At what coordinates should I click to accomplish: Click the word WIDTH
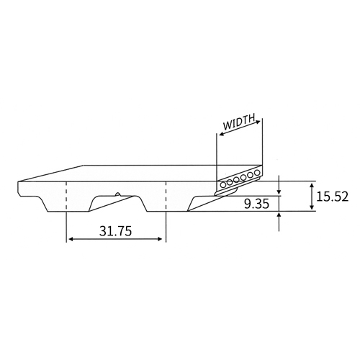(239, 122)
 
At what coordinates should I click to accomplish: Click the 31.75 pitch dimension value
(116, 231)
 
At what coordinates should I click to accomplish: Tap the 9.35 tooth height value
(256, 204)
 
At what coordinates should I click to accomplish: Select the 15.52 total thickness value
(332, 197)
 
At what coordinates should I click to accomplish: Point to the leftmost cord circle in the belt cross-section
(223, 184)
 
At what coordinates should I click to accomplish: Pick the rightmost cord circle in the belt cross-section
(257, 172)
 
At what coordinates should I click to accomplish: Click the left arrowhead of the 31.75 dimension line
(71, 239)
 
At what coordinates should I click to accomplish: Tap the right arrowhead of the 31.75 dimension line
(159, 239)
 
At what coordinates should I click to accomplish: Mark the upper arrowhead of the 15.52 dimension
(312, 186)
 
